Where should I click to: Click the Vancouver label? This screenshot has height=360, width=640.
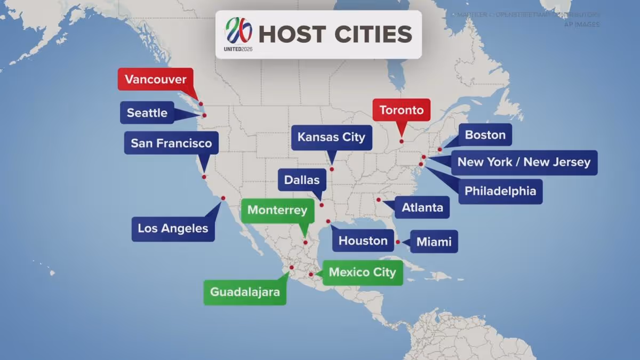(155, 80)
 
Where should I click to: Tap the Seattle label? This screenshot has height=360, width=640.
(147, 113)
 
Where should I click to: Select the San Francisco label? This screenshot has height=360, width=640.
(171, 143)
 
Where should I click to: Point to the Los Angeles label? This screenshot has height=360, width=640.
(173, 229)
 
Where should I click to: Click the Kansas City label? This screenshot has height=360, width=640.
(331, 137)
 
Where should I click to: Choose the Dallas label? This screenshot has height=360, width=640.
(302, 180)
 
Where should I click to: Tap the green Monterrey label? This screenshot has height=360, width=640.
(277, 210)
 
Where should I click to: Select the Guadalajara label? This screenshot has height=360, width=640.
(245, 292)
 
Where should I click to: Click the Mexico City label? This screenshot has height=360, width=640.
(362, 273)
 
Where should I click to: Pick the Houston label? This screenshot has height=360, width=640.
(363, 241)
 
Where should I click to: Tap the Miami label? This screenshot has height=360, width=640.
(434, 242)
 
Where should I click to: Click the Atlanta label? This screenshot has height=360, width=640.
(422, 207)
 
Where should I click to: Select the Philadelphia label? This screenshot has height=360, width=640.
(500, 191)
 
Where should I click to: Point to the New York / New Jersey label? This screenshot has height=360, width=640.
(524, 162)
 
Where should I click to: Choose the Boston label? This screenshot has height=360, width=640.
(485, 135)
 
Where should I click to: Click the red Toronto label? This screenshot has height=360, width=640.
(401, 110)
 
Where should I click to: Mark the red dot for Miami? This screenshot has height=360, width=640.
(398, 242)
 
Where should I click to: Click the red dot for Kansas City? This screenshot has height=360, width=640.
(332, 169)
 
